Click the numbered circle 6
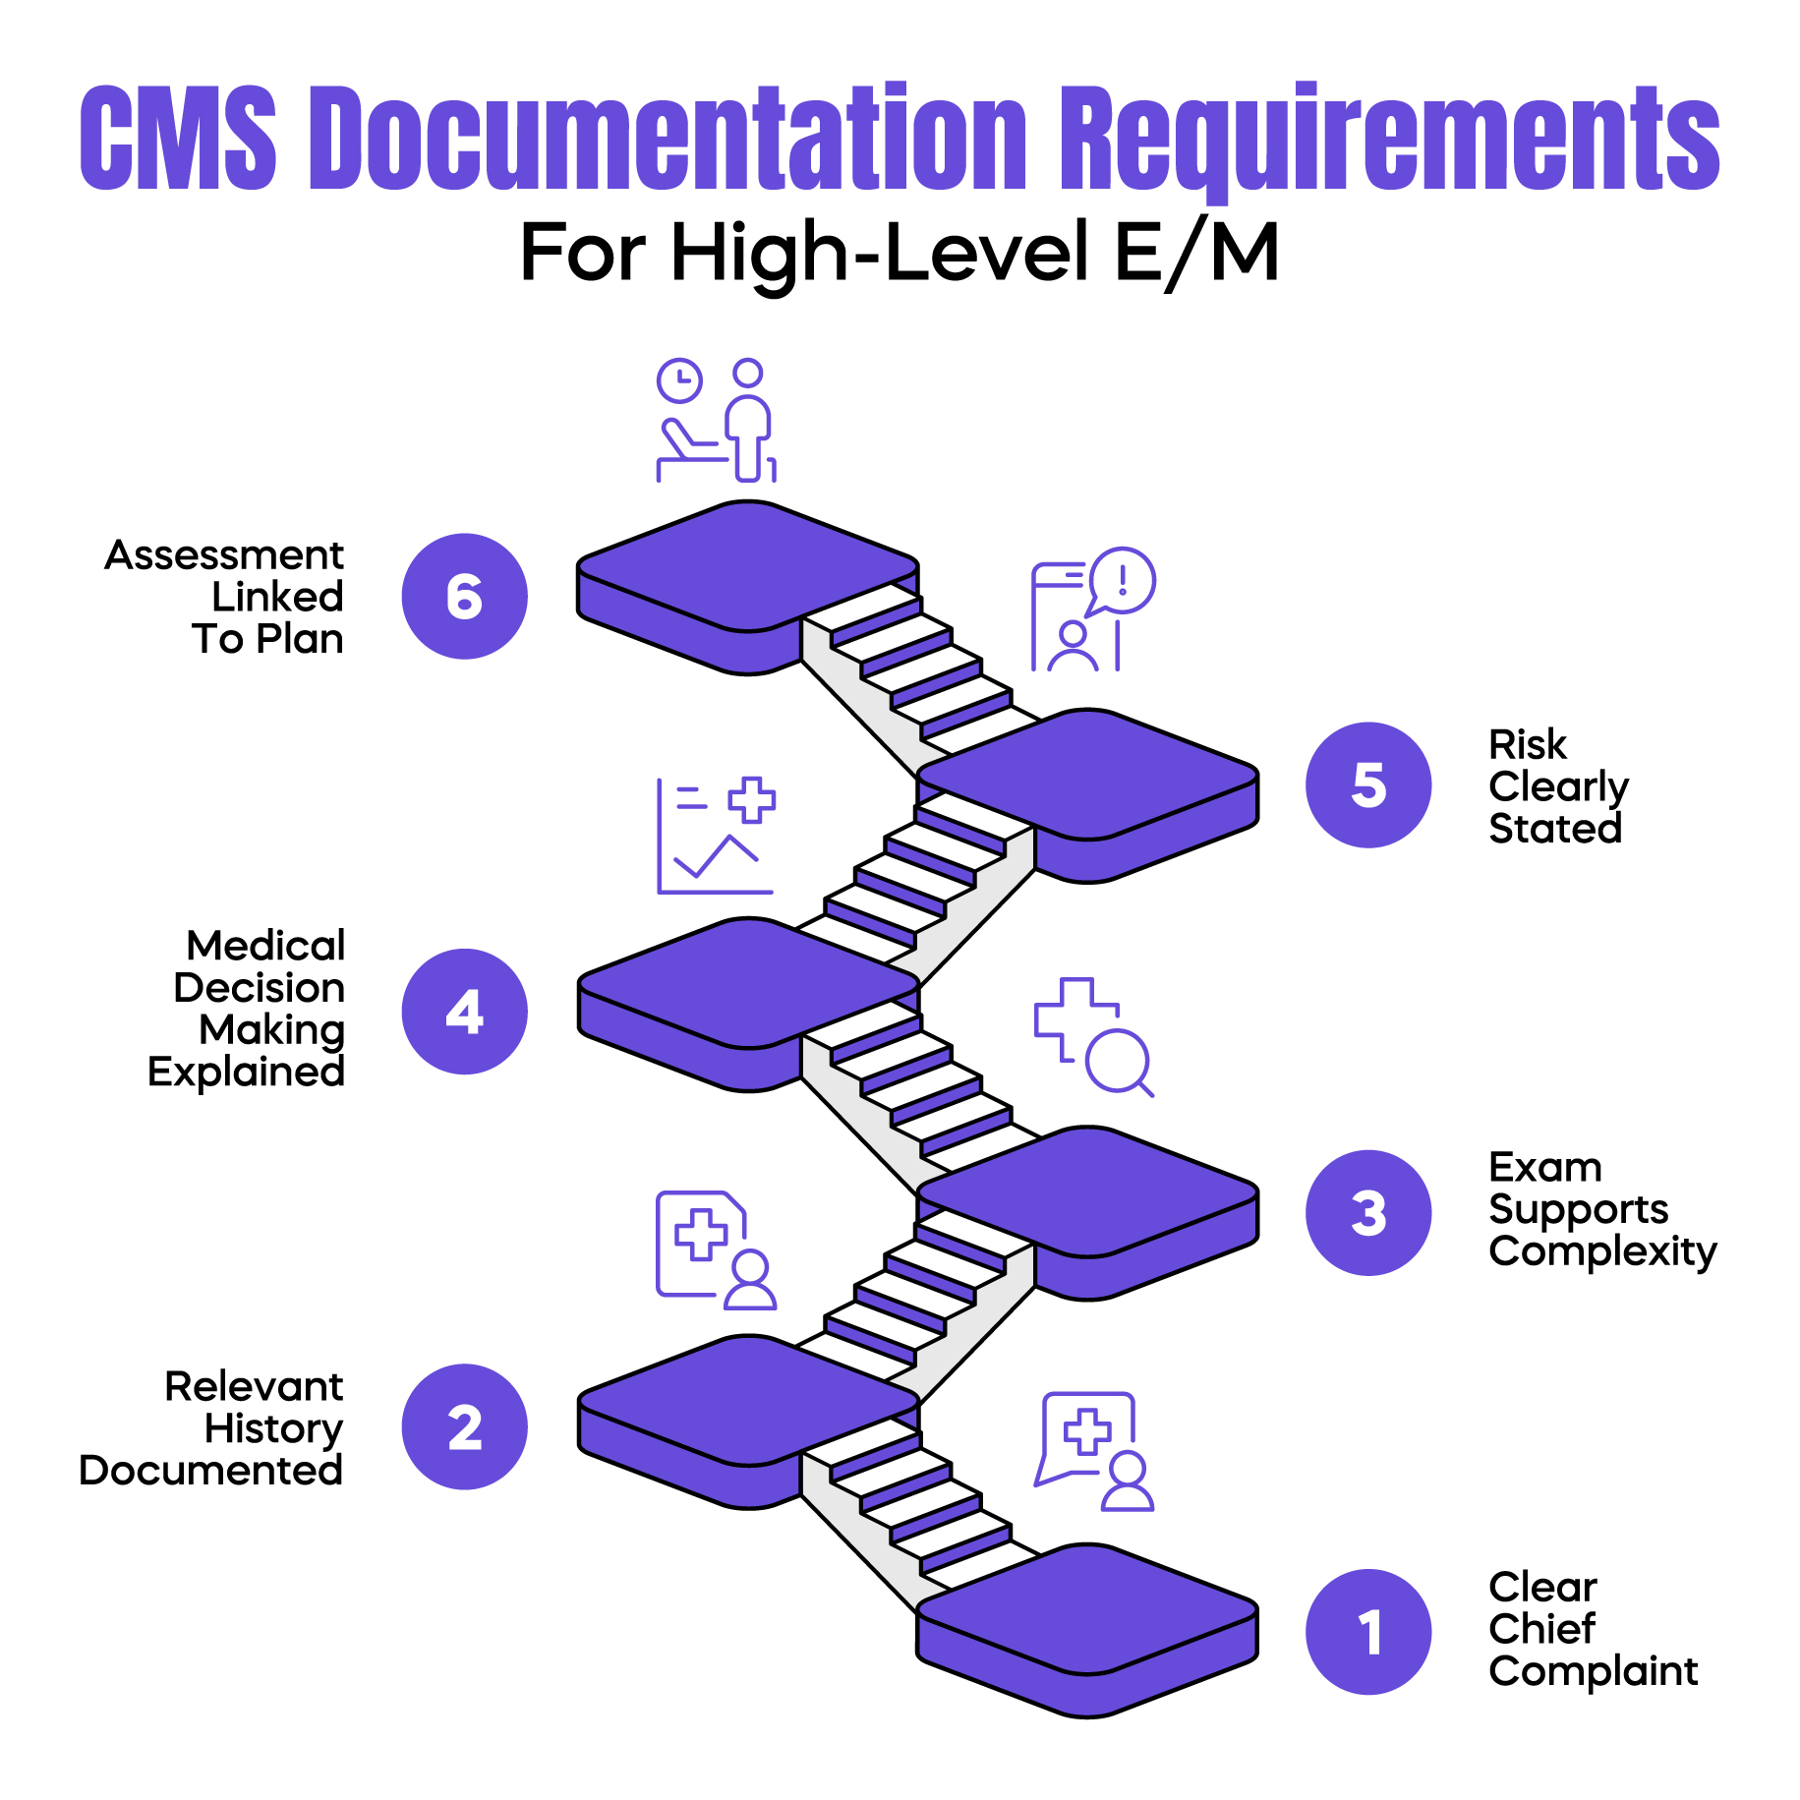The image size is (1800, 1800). tap(464, 596)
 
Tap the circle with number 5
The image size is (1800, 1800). tap(1367, 784)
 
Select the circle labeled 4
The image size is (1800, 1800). tap(464, 1011)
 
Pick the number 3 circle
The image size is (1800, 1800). tap(1367, 1212)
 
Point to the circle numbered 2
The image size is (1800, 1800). tap(464, 1426)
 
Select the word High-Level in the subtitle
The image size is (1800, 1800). tap(880, 253)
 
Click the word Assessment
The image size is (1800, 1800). tap(224, 555)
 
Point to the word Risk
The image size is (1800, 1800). tap(1527, 744)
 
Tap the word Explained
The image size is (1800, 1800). tap(246, 1072)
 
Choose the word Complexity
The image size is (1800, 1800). tap(1602, 1251)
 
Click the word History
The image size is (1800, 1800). tap(273, 1428)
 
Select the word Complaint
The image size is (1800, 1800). tap(1593, 1671)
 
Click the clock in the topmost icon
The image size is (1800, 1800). tap(679, 380)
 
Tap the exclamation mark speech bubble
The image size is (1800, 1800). tap(1123, 580)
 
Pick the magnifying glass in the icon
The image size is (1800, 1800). tap(1119, 1060)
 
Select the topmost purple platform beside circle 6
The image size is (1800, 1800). tap(747, 565)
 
